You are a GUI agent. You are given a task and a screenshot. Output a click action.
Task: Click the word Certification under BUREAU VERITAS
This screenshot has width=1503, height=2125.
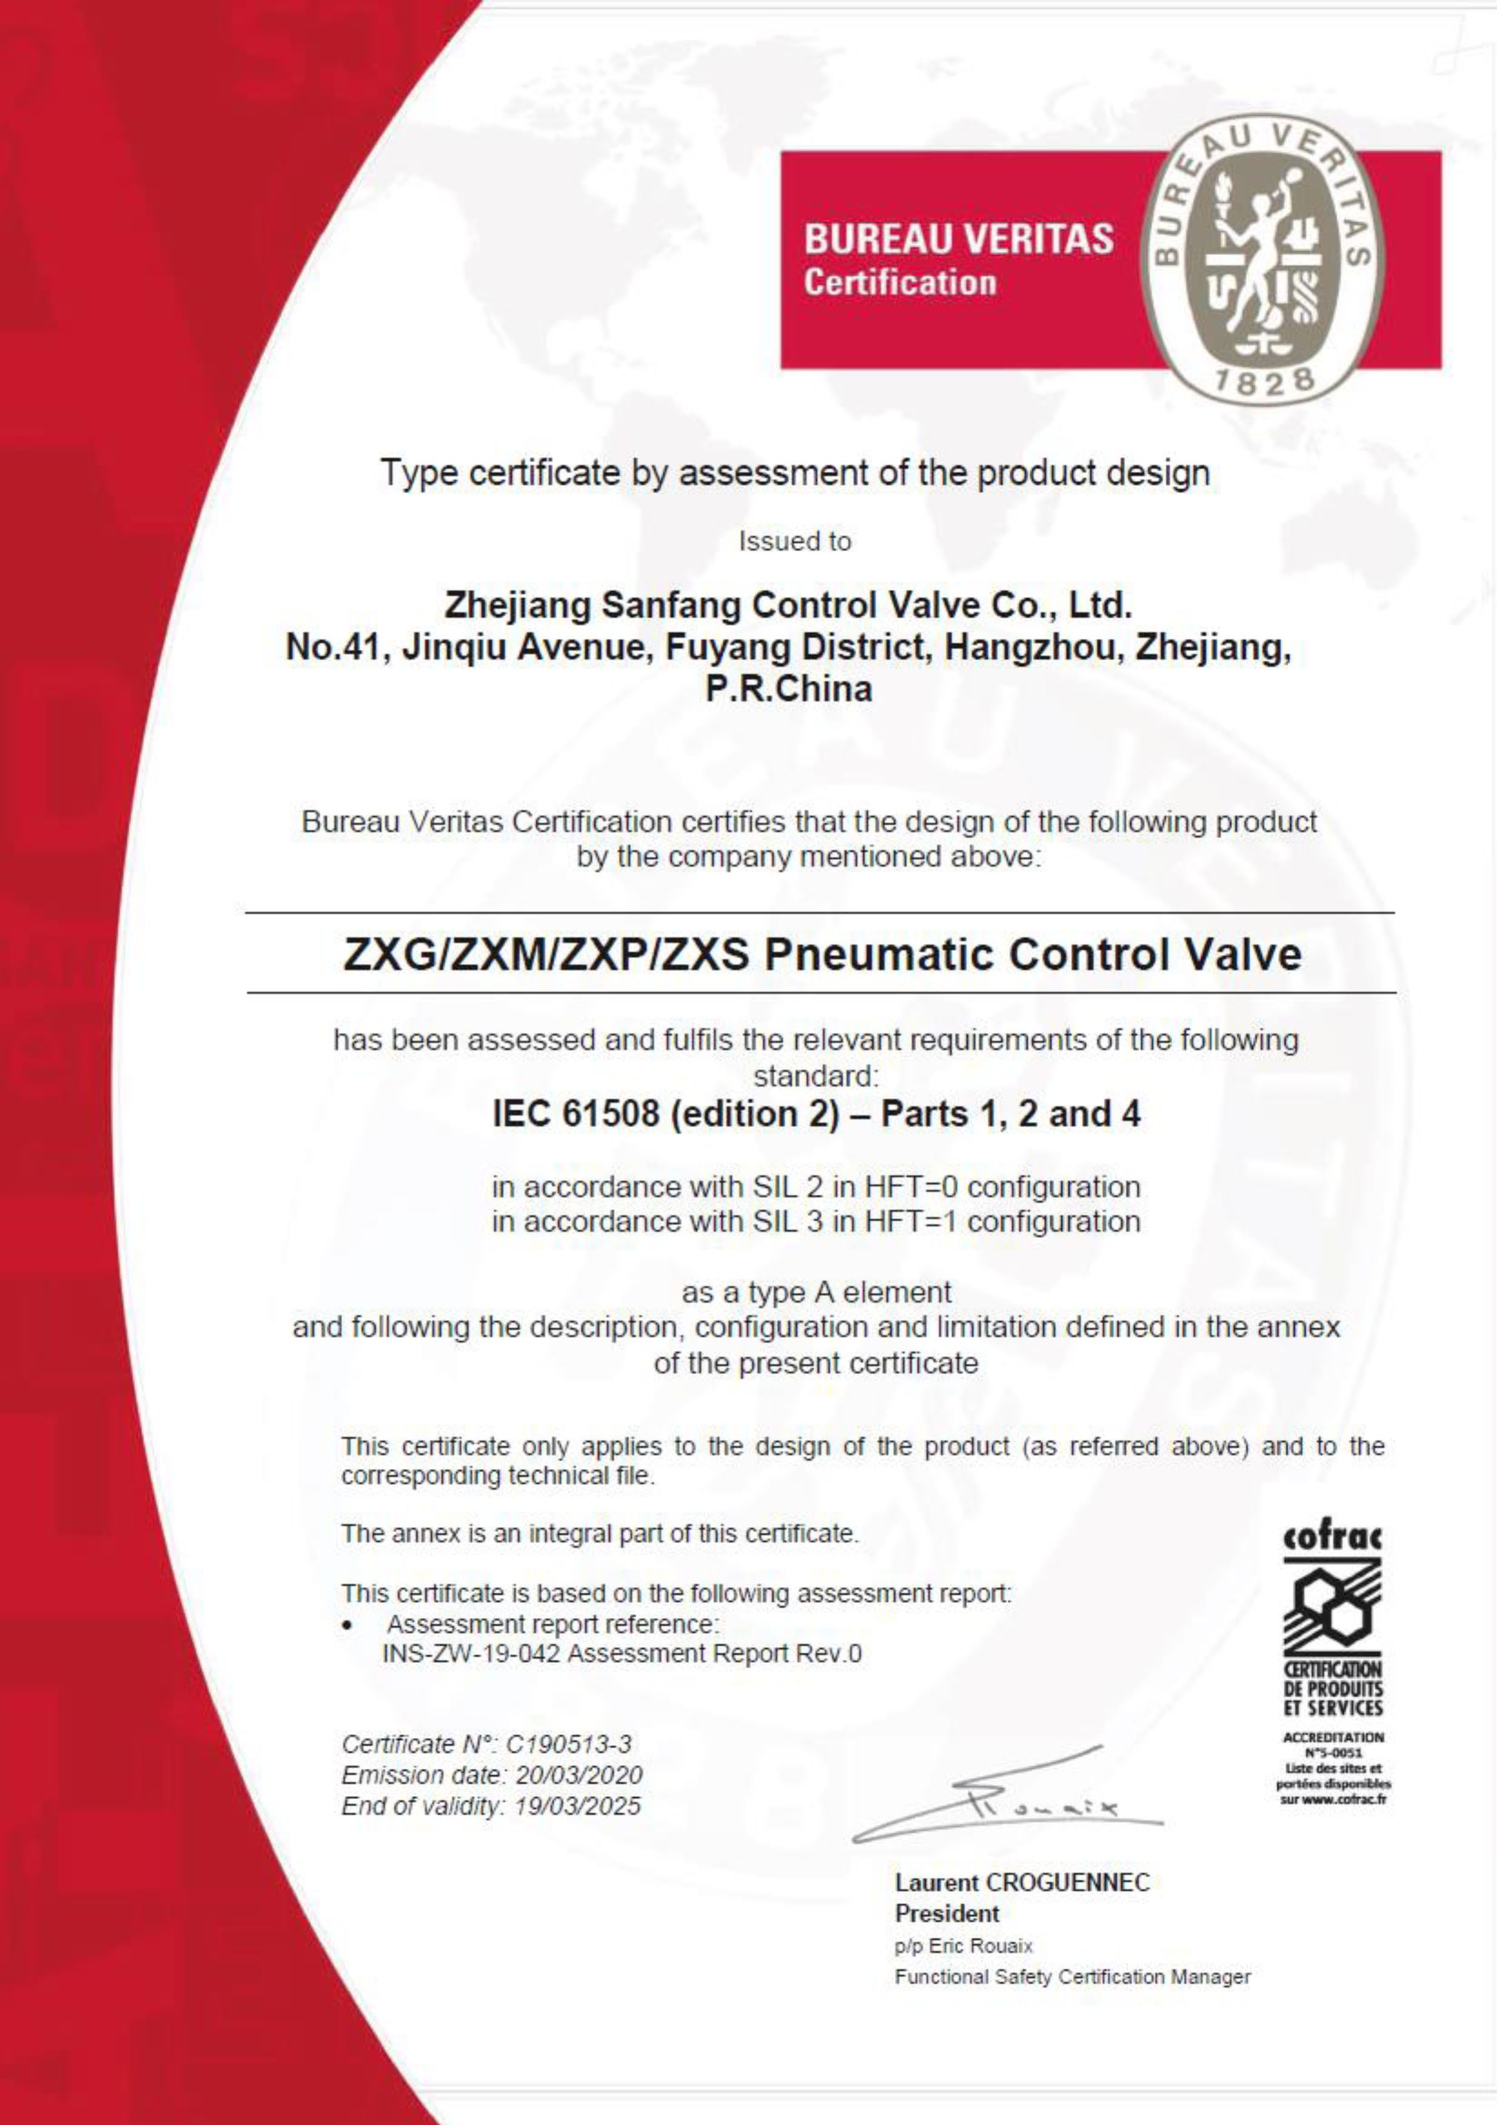point(900,283)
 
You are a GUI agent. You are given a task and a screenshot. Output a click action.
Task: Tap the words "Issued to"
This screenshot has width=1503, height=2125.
point(795,542)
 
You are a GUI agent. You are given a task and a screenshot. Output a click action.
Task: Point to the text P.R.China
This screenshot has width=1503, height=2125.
point(789,689)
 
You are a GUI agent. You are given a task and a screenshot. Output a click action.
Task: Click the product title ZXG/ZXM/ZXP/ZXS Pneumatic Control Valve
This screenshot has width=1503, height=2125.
point(822,954)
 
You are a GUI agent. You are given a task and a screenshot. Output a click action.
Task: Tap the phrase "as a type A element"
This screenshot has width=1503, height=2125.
point(815,1292)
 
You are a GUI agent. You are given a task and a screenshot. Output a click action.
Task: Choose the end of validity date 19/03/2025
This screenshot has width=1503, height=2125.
point(577,1806)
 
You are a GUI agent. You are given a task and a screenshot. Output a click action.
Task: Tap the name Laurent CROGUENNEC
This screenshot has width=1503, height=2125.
point(1022,1883)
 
